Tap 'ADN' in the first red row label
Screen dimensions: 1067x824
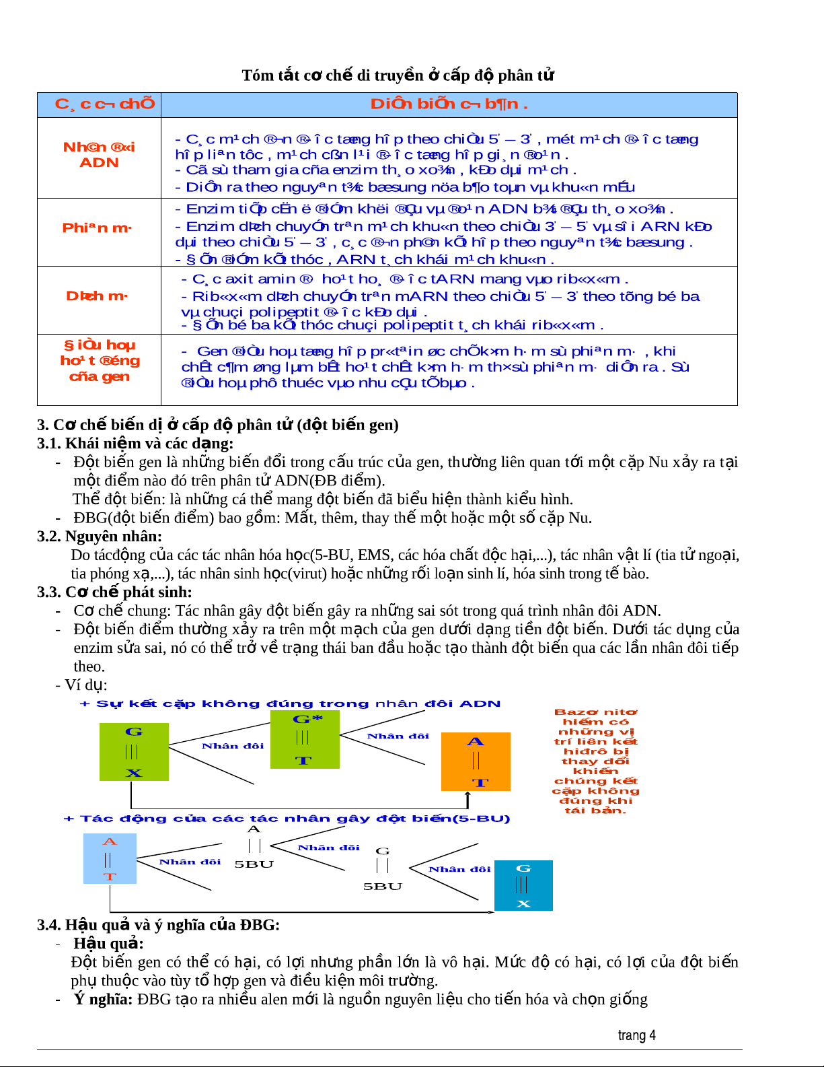point(99,163)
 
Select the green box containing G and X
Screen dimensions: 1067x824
point(134,752)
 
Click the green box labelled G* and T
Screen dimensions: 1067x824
point(305,739)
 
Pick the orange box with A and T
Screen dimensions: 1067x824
point(476,761)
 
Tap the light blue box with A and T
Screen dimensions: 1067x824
point(110,858)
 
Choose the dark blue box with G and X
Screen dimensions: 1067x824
point(523,885)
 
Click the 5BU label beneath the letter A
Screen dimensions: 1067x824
point(254,864)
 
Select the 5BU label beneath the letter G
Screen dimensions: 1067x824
point(383,887)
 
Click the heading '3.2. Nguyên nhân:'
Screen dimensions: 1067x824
point(100,537)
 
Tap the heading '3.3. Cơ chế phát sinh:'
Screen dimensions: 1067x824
point(114,592)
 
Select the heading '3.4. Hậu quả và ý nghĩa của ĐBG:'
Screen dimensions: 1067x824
point(158,925)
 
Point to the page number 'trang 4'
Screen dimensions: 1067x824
point(636,1035)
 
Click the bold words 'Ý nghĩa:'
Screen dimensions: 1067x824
point(103,999)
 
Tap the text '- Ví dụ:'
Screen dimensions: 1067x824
point(81,685)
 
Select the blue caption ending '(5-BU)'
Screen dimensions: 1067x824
point(287,819)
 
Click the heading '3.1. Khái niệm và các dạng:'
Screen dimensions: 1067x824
point(135,444)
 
